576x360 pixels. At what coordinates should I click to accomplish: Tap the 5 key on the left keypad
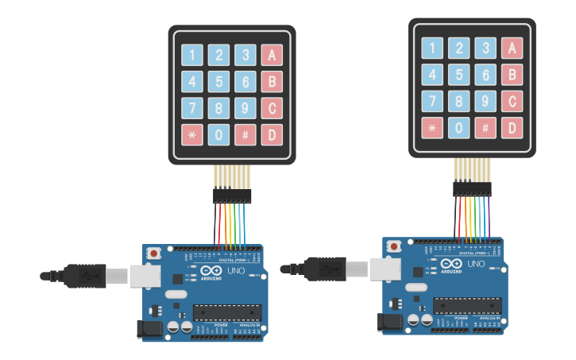(x=218, y=81)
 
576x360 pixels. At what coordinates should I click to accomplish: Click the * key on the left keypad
(x=191, y=134)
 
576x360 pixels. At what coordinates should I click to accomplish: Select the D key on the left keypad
(x=272, y=134)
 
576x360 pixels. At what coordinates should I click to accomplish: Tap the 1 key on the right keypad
(x=432, y=48)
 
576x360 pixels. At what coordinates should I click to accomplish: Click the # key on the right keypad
(x=485, y=127)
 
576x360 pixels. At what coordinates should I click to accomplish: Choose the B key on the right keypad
(x=512, y=75)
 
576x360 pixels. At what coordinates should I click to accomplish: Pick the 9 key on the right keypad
(x=485, y=101)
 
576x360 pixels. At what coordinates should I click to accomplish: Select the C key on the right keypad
(x=512, y=101)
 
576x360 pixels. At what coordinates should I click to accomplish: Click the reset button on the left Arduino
(x=153, y=254)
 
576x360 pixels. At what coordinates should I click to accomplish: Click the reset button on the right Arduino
(x=393, y=246)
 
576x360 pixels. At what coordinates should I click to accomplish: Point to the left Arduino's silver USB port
(x=143, y=275)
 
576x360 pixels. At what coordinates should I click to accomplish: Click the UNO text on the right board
(x=476, y=264)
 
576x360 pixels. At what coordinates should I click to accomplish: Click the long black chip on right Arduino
(x=467, y=305)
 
